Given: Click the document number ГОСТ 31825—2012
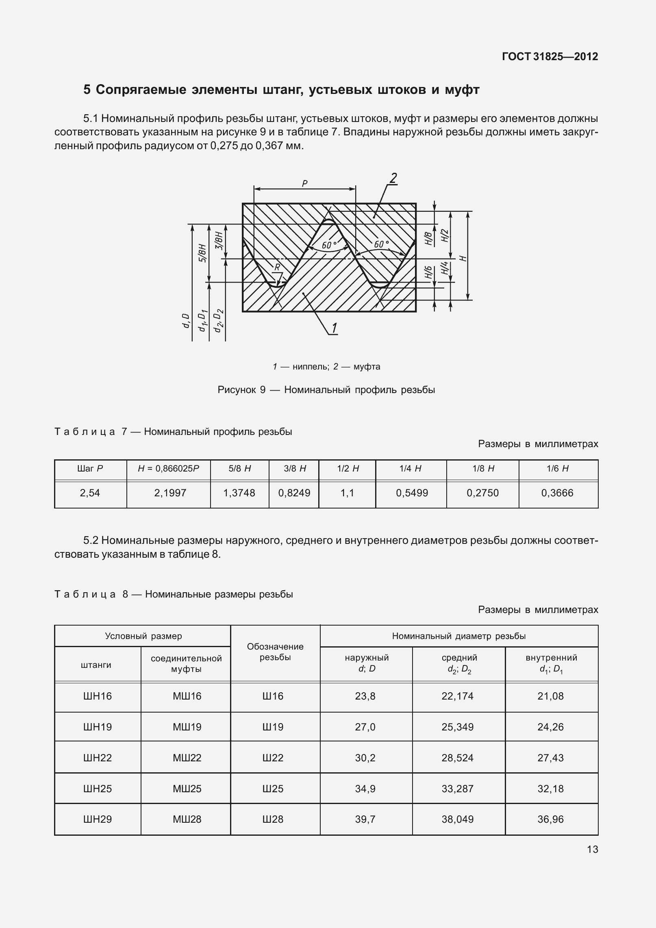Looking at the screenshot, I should click(x=550, y=57).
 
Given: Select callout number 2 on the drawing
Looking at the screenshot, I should click(x=393, y=178).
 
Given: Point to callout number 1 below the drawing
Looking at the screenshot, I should click(x=334, y=328).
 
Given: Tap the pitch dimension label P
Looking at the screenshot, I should click(x=304, y=183).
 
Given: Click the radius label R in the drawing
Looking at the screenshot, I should click(x=277, y=267).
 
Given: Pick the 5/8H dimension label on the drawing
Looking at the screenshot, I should click(x=203, y=254).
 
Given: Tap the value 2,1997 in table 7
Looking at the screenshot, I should click(x=170, y=493).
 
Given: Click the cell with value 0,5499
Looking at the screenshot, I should click(x=412, y=493).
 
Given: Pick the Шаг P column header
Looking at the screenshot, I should click(x=90, y=468).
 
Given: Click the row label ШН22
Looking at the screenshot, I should click(x=98, y=758).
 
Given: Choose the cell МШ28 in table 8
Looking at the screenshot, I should click(x=187, y=819).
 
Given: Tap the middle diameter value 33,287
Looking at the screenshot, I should click(x=458, y=789).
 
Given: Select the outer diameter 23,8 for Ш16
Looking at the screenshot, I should click(x=365, y=696).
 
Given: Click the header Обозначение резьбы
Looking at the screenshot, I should click(x=275, y=652).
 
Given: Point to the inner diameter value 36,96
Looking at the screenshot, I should click(x=550, y=819).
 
